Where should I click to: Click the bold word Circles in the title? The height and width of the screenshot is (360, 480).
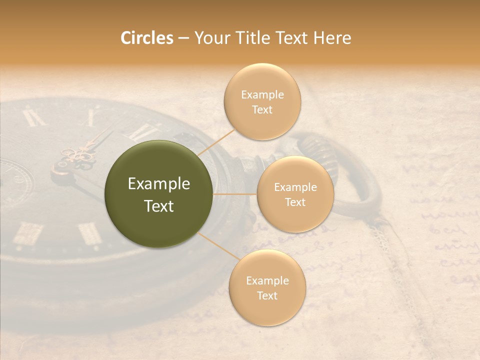pos(146,38)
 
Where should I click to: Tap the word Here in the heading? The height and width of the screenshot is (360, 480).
pos(332,38)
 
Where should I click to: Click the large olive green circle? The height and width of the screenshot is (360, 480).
pos(159,194)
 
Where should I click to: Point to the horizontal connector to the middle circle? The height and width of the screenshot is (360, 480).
pos(235,194)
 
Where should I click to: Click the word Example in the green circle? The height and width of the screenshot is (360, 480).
pos(159,184)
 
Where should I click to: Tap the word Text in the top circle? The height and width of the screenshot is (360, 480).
pos(262,110)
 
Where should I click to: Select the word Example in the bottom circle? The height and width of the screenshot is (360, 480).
pos(267,280)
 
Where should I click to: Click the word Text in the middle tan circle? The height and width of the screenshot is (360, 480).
pos(295,202)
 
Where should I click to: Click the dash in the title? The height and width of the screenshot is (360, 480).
pos(183,38)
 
